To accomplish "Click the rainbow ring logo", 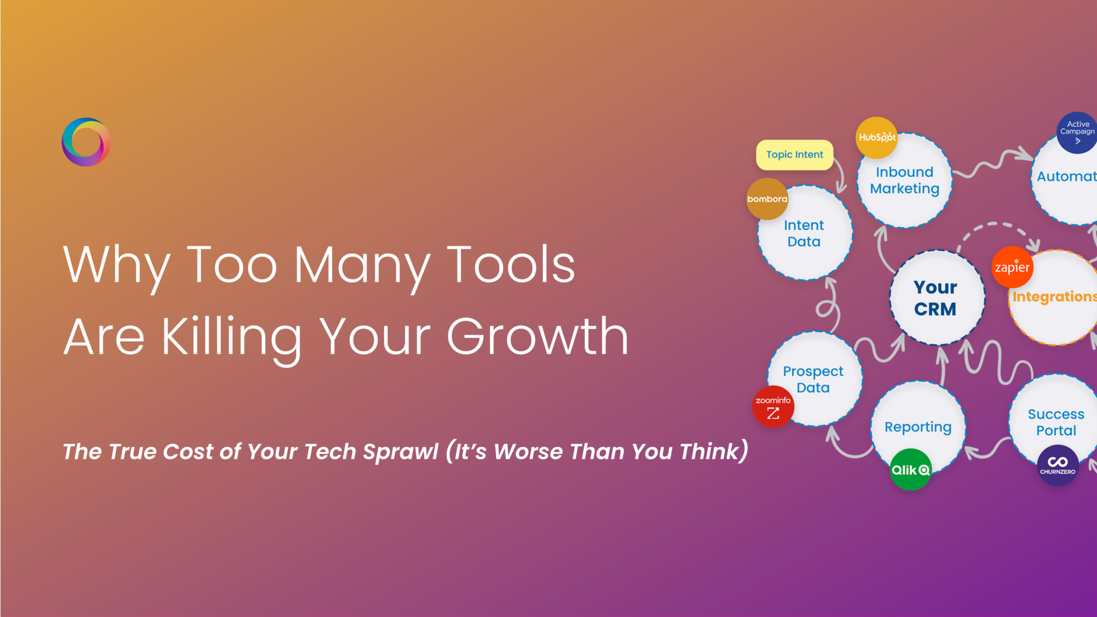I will coord(86,142).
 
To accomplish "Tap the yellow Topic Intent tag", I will coord(794,155).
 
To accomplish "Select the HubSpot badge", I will coord(877,138).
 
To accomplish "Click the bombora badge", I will coord(767,199).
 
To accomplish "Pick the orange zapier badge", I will coord(1012,267).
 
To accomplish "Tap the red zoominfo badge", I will coord(773,407).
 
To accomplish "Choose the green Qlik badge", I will coord(910,470).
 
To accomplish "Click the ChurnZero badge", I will coord(1057,465).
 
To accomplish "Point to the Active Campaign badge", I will coord(1077,132).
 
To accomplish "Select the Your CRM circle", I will coord(936,298).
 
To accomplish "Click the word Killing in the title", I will coord(231,337).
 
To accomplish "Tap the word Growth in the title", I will coord(537,337).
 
